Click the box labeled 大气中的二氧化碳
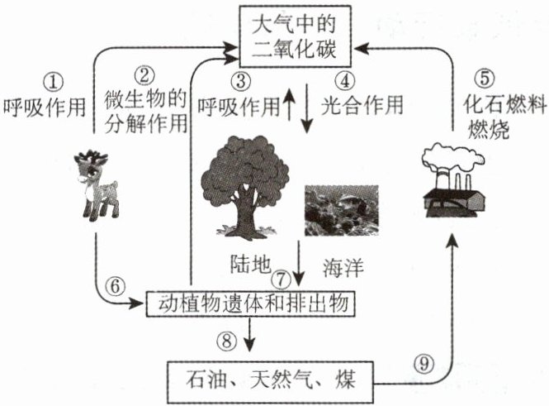pos(295,36)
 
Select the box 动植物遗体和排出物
pos(251,303)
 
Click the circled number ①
pos(53,83)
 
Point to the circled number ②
pos(144,75)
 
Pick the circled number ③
pos(241,81)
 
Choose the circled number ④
pos(345,81)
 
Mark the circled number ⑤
pos(485,78)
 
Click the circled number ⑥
pos(116,286)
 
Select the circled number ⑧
pos(226,340)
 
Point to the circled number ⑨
pos(424,363)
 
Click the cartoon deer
pos(96,185)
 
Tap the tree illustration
pos(244,188)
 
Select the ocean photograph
pos(342,210)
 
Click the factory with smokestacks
pos(454,180)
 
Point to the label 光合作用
pos(362,105)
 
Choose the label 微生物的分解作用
pos(145,111)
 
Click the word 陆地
pos(250,264)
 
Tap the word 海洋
pos(343,267)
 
